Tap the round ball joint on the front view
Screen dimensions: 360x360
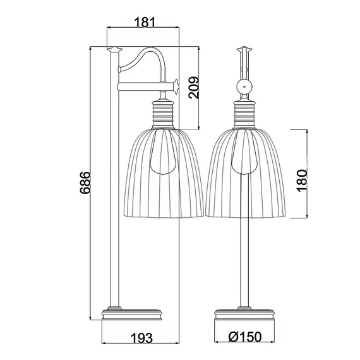click(244, 87)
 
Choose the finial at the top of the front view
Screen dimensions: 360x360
click(244, 49)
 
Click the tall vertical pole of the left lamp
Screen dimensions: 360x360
click(114, 202)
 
